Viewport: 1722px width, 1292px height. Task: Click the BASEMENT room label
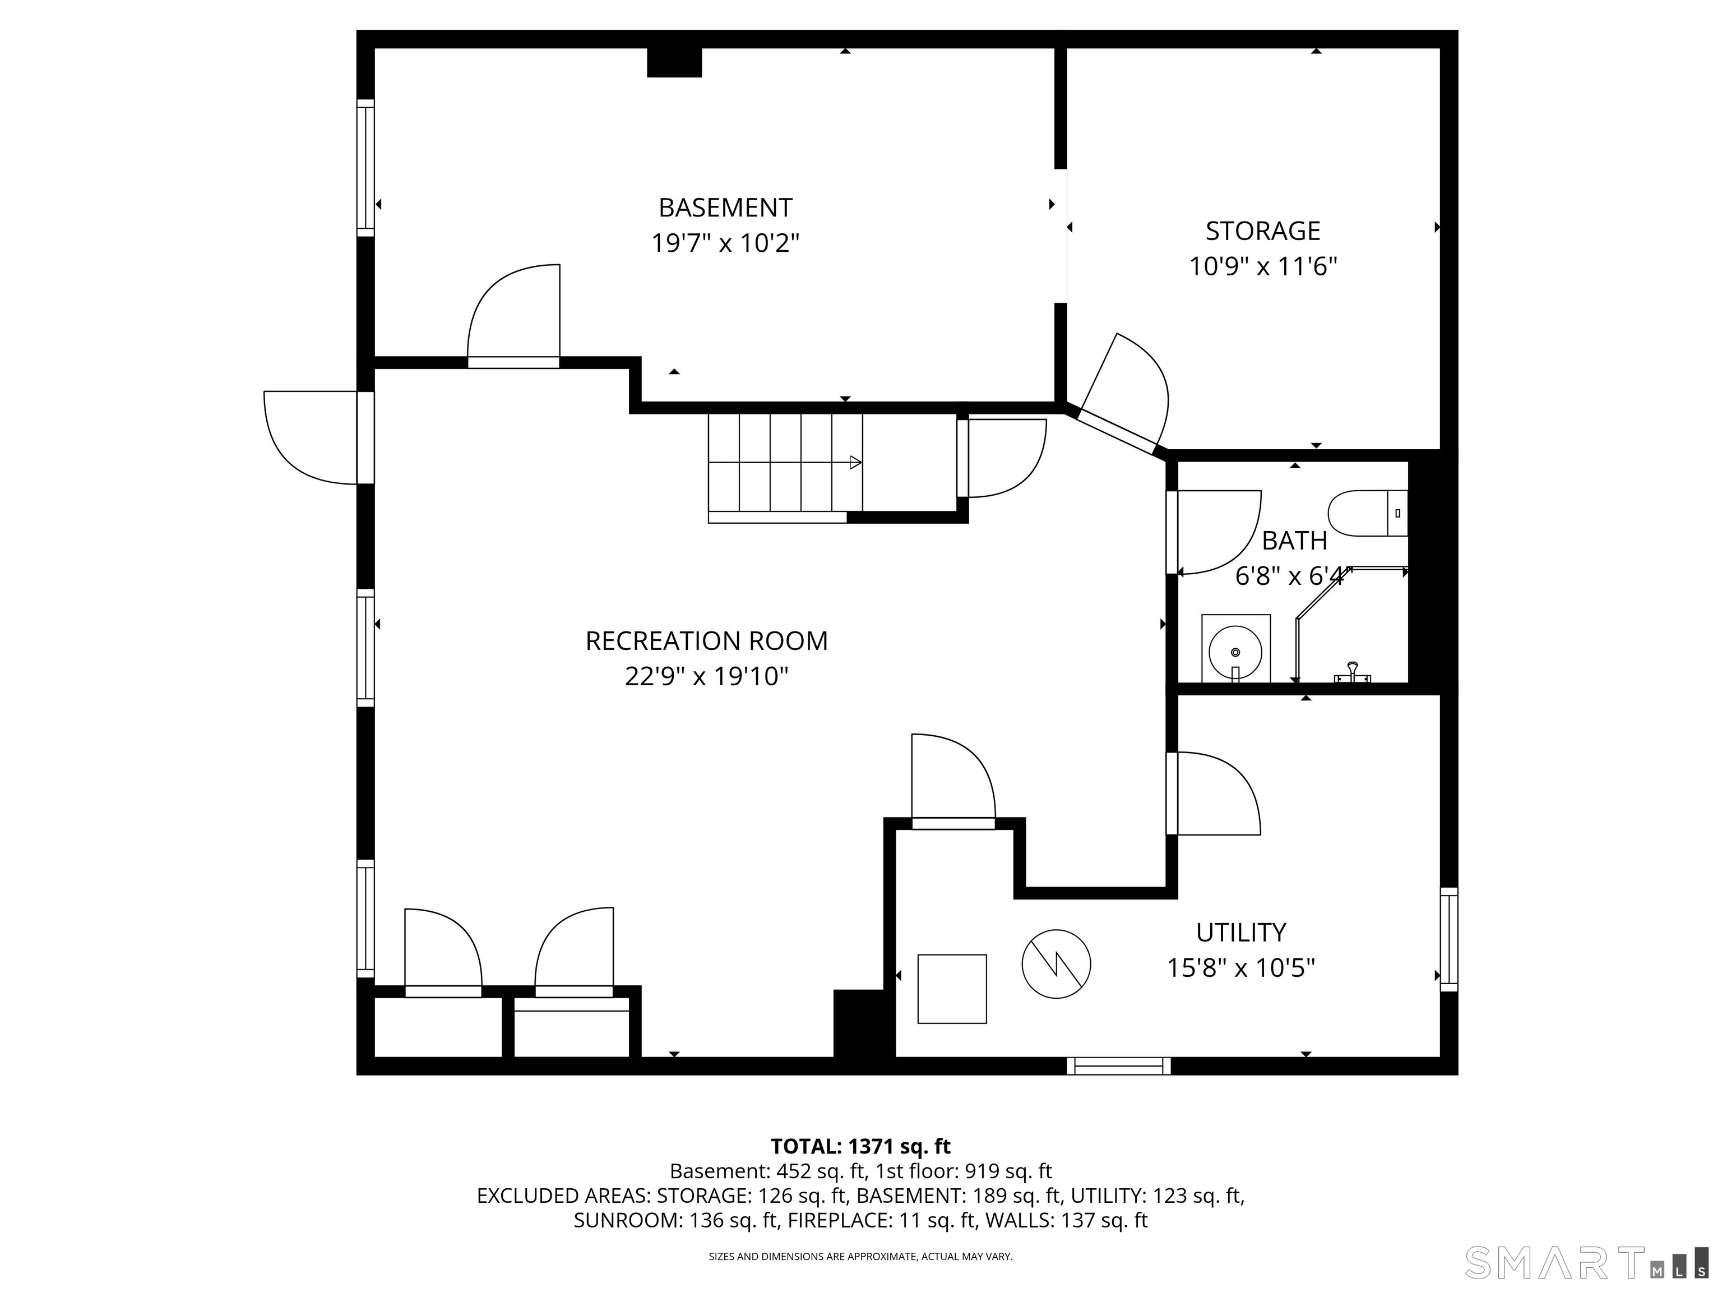pos(725,208)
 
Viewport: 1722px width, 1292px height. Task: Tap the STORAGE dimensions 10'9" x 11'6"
pos(1263,267)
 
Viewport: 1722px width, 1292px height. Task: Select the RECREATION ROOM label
pos(706,641)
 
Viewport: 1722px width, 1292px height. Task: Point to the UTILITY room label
pos(1241,932)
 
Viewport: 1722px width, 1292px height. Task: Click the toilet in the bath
pos(1368,513)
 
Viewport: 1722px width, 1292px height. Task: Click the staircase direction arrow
pos(854,463)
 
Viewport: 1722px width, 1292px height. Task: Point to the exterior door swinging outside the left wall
pos(312,437)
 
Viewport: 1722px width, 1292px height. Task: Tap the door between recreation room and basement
pos(514,319)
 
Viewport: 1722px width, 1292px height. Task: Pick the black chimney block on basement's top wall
pos(674,62)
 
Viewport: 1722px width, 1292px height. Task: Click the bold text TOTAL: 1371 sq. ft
pos(860,1146)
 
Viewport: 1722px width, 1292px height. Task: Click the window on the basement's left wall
pos(365,168)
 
